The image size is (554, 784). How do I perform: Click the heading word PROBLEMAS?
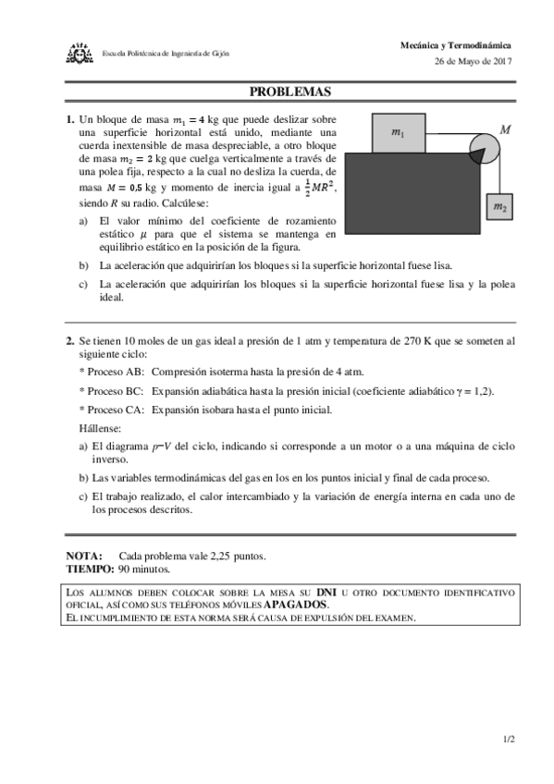coord(290,92)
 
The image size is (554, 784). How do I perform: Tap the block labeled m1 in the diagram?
coord(398,133)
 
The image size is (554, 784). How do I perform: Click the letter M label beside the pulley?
coord(505,130)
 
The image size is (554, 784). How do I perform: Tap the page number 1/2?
coord(509,740)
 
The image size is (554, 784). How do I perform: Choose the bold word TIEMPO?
coord(90,569)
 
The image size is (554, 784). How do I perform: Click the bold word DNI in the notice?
coord(326,591)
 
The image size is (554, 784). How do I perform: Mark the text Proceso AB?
coord(113,372)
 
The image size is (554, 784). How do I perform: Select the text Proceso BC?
coord(113,390)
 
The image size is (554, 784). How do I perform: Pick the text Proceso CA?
coord(113,409)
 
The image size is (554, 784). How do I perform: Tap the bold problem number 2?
coord(69,340)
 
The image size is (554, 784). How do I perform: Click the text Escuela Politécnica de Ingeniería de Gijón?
coord(166,53)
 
